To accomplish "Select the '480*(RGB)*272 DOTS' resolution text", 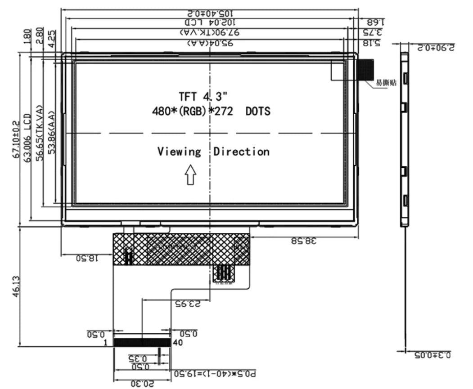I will pyautogui.click(x=212, y=111).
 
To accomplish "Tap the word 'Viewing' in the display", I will pyautogui.click(x=179, y=152).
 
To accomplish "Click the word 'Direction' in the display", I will pyautogui.click(x=241, y=152).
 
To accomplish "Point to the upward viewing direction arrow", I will pyautogui.click(x=190, y=174).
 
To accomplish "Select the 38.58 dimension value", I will pyautogui.click(x=304, y=241).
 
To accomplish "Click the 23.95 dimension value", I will pyautogui.click(x=187, y=304).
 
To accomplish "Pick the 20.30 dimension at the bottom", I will pyautogui.click(x=142, y=384).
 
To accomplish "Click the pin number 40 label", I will pyautogui.click(x=178, y=343).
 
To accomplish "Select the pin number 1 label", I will pyautogui.click(x=105, y=343).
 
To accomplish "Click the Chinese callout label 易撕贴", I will pyautogui.click(x=386, y=83).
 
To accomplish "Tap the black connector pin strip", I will pyautogui.click(x=142, y=343).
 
